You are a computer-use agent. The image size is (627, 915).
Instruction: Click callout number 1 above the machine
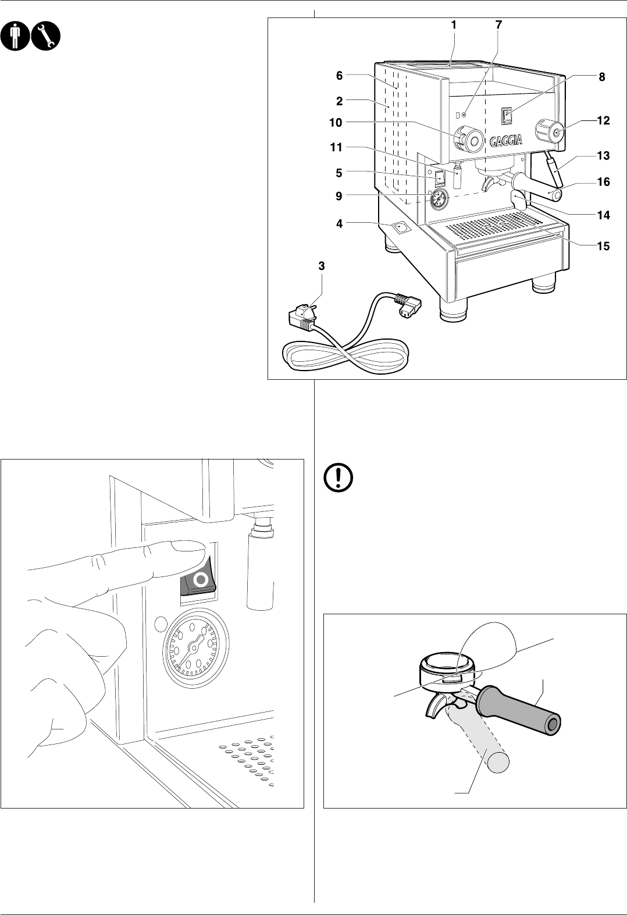pos(454,25)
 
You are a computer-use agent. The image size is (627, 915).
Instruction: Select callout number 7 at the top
pos(498,25)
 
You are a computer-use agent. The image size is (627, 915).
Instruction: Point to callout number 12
pos(603,120)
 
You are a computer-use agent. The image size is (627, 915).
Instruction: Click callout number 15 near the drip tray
pos(603,246)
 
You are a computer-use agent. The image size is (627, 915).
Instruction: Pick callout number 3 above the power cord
pos(322,266)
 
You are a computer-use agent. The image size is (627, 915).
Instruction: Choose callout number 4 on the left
pos(339,222)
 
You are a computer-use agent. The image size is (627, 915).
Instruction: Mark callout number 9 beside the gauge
pos(339,197)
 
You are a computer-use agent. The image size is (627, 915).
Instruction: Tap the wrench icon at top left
pos(45,36)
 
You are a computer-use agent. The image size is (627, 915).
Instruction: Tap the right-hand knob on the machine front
pos(550,131)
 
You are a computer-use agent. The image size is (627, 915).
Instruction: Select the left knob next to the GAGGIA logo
pos(469,138)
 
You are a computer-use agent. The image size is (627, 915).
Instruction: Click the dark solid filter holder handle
pos(518,708)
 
